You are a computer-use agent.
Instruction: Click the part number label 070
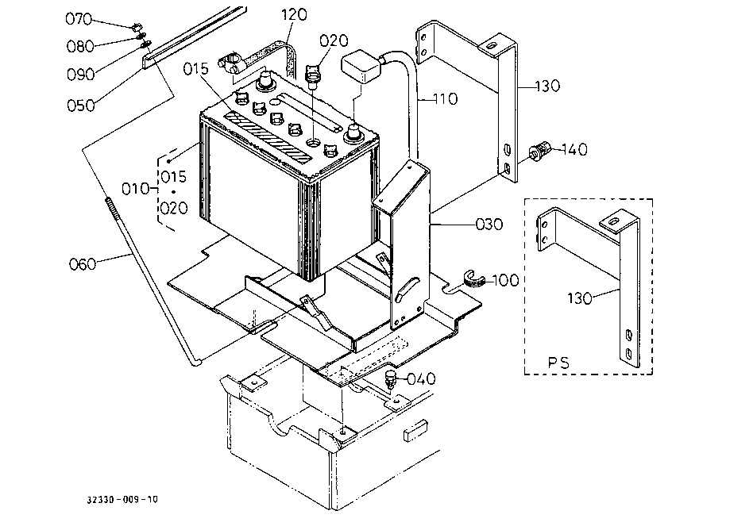(x=79, y=19)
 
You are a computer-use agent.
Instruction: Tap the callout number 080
(x=80, y=47)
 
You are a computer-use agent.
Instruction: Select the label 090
(x=80, y=75)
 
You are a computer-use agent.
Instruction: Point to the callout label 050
(x=80, y=106)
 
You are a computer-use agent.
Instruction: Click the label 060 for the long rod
(x=83, y=264)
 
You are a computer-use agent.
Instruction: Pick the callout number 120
(x=294, y=14)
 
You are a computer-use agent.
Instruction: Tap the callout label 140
(x=574, y=149)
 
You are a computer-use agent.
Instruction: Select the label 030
(x=489, y=225)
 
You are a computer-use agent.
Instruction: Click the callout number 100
(x=506, y=280)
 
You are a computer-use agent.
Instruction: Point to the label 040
(x=421, y=379)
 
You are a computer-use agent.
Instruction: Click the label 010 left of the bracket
(x=135, y=189)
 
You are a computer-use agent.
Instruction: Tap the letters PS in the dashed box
(x=558, y=362)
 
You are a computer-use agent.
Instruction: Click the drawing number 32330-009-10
(x=122, y=500)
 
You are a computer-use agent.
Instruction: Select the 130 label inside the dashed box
(x=580, y=298)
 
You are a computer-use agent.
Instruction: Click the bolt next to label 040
(x=390, y=380)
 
